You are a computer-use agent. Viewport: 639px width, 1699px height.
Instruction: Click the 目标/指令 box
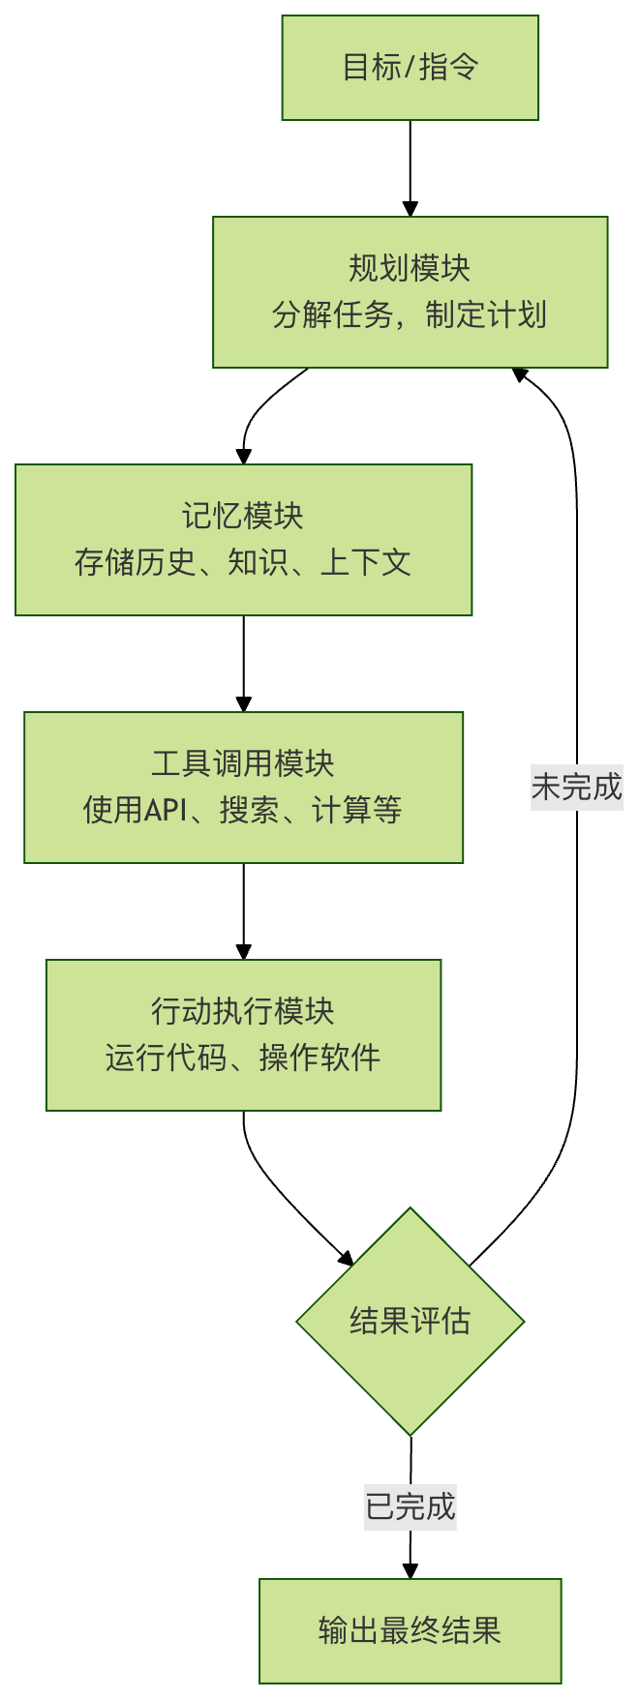tap(410, 67)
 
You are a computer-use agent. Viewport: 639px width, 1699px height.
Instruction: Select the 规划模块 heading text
tap(410, 268)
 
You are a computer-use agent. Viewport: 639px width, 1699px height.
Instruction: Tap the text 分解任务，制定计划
tap(410, 314)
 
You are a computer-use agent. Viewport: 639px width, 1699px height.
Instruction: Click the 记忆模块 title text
tap(243, 516)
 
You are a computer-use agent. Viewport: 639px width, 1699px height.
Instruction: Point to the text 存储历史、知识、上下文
tap(243, 562)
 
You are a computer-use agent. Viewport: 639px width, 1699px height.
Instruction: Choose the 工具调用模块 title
tap(243, 763)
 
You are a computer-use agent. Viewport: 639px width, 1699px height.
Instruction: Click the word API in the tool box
tap(166, 810)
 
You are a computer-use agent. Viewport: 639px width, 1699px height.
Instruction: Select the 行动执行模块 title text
tap(243, 1011)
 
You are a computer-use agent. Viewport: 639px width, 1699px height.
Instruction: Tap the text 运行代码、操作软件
tap(243, 1058)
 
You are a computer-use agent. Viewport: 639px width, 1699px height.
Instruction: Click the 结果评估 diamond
tap(410, 1321)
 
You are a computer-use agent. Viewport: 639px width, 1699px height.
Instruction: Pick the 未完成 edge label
tap(576, 787)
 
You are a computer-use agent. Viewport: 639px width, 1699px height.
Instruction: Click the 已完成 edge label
tap(410, 1506)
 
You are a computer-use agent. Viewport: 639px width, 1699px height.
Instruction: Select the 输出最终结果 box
tap(410, 1630)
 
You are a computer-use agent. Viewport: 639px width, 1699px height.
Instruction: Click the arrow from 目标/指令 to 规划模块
tap(410, 164)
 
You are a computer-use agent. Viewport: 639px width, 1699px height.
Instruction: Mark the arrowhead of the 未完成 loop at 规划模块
tap(520, 373)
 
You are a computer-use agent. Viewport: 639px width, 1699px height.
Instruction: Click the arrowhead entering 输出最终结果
tap(410, 1570)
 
